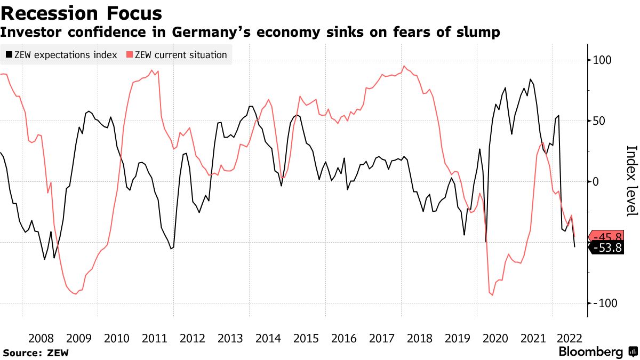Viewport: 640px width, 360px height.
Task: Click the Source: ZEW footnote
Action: pos(36,353)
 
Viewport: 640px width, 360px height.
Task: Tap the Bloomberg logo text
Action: pos(590,352)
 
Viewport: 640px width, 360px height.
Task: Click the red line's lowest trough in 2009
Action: pos(75,294)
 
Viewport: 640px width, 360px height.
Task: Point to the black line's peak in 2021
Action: pos(530,79)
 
